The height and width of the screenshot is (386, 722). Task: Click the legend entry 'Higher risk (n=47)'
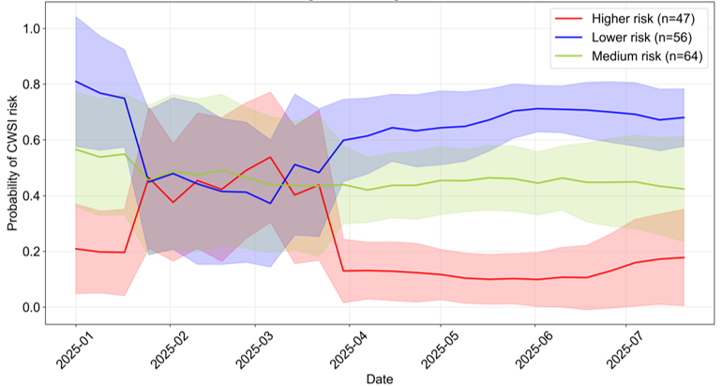(x=643, y=19)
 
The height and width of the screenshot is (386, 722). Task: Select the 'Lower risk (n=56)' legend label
(x=642, y=38)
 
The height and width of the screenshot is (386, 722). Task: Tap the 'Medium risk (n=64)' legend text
(x=647, y=56)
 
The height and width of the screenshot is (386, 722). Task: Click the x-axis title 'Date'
(x=380, y=379)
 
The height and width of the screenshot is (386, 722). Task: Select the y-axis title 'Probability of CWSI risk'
(x=12, y=163)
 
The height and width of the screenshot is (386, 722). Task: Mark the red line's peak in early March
(x=270, y=157)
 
